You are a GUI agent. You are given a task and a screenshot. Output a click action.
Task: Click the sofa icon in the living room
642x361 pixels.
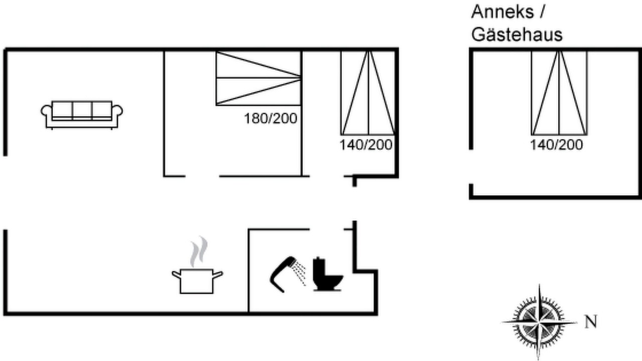click(82, 115)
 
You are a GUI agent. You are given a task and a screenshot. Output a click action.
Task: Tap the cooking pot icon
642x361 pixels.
click(197, 281)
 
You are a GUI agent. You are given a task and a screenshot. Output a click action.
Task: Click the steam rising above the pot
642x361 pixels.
click(199, 251)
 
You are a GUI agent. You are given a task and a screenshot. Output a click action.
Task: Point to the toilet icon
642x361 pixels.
click(328, 274)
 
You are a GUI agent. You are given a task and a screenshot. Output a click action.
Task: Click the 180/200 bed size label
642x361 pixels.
click(270, 119)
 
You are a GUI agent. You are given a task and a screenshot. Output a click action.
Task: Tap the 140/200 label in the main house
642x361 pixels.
click(366, 145)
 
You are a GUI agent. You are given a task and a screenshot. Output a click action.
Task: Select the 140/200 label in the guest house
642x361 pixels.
click(557, 145)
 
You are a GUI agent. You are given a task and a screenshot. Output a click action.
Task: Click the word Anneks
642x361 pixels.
click(503, 12)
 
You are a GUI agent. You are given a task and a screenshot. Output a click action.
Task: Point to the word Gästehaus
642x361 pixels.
click(517, 35)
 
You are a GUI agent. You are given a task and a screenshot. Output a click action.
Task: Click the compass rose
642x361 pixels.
click(539, 322)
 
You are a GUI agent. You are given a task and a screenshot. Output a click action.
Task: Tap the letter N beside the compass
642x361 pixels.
click(591, 321)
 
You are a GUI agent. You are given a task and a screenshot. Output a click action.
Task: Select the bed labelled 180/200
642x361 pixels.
click(258, 78)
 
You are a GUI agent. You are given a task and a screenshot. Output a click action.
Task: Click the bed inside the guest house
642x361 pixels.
click(559, 93)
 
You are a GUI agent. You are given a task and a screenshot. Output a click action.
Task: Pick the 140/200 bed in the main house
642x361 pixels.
click(368, 93)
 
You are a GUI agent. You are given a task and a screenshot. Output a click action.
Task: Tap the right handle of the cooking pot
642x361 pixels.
click(218, 274)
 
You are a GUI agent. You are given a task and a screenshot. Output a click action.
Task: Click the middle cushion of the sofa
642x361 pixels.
click(82, 110)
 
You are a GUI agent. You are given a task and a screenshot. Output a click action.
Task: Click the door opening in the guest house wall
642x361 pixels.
click(471, 167)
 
